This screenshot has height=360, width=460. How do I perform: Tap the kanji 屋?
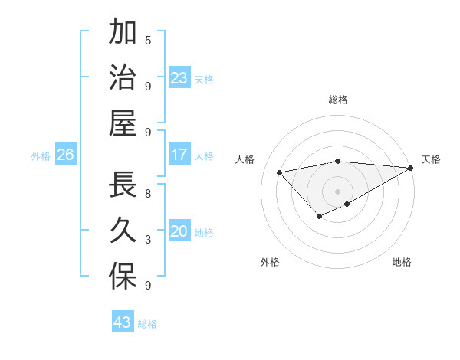[123, 123]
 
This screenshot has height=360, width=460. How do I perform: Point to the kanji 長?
[123, 185]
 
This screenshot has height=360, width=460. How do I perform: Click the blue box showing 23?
[179, 78]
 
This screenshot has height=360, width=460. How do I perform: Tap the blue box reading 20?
[179, 232]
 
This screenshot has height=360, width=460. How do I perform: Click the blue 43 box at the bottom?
[123, 322]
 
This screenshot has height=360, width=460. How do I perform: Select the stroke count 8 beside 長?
[148, 194]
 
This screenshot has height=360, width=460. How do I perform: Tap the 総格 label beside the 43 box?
[147, 324]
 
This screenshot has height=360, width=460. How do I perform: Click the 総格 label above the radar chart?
[338, 100]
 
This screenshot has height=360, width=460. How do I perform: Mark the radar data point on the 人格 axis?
[280, 172]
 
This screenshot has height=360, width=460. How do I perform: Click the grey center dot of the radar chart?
[338, 191]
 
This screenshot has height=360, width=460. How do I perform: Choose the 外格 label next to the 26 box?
[41, 156]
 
